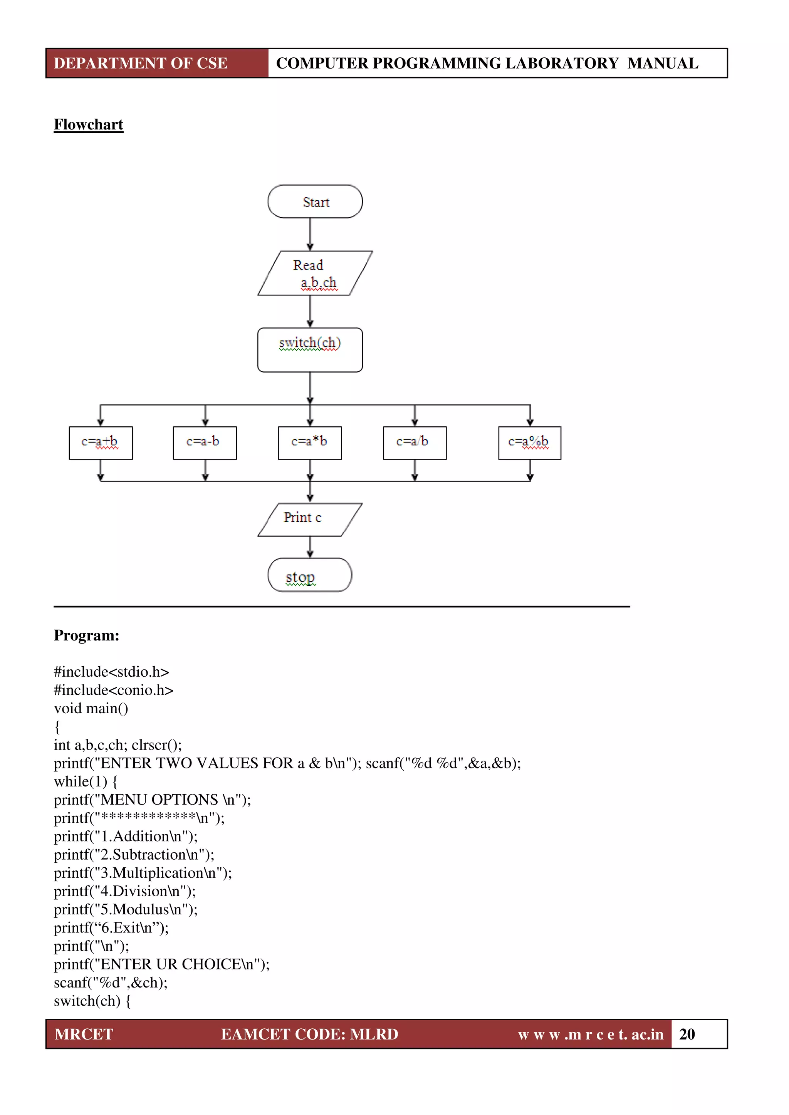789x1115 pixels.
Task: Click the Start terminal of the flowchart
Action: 315,201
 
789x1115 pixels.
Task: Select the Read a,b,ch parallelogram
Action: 315,273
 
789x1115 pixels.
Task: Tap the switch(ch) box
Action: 310,350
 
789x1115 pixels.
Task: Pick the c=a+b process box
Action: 101,443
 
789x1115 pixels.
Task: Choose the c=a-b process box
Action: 205,443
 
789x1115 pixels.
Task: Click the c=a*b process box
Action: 309,443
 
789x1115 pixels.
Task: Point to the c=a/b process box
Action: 415,443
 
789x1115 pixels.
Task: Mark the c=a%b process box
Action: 530,443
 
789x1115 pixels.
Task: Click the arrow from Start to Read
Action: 310,234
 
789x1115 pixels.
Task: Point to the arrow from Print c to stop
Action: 310,547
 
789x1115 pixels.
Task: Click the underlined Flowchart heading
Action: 89,125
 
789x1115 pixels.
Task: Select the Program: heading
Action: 86,635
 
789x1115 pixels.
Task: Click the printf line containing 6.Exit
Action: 111,927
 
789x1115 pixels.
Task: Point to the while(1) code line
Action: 86,781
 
